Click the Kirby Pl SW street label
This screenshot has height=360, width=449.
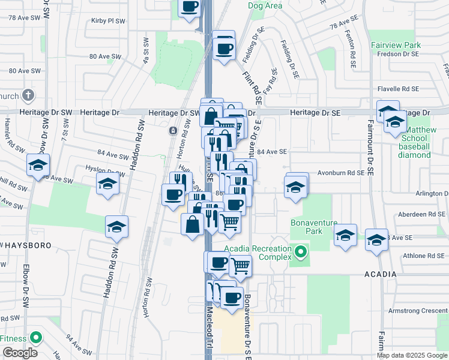coord(108,20)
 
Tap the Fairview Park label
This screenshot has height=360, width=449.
coord(396,45)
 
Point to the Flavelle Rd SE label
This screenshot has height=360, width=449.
coord(397,89)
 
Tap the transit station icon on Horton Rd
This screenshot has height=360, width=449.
coord(173,130)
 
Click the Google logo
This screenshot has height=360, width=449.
coord(20,353)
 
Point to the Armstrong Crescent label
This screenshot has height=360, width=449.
coord(418,310)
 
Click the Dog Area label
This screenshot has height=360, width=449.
coord(265,6)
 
